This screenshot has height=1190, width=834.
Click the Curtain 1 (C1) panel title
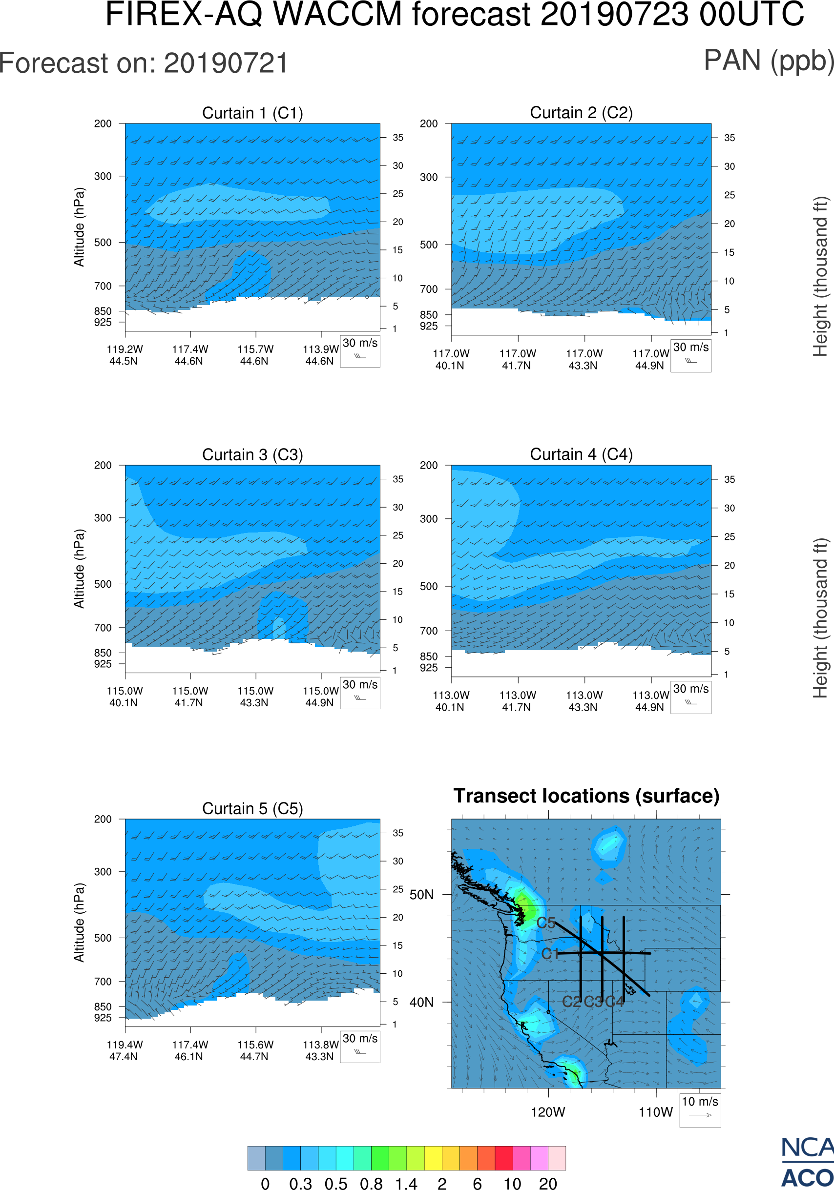(252, 113)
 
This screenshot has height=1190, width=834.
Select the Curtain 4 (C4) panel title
(581, 454)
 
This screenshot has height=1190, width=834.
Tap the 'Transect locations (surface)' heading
(586, 796)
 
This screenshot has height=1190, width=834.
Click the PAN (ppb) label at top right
(768, 61)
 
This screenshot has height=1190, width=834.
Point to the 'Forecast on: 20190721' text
(144, 63)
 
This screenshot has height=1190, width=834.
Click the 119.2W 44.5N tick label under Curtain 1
(125, 355)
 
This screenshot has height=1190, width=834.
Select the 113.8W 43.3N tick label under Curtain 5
(320, 1050)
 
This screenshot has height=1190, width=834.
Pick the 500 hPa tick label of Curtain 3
(103, 584)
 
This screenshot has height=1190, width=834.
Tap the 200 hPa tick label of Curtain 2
(429, 124)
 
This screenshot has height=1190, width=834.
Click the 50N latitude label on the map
(421, 895)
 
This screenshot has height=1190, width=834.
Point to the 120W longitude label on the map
(548, 1112)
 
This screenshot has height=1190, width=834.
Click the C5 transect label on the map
(546, 923)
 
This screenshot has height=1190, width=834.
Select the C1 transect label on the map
(550, 954)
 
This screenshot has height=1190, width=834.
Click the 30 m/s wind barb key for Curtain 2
(690, 355)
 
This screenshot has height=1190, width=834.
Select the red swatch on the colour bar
(504, 1158)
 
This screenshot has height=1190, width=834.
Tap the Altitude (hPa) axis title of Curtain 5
(79, 923)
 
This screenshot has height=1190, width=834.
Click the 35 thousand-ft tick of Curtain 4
(730, 479)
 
